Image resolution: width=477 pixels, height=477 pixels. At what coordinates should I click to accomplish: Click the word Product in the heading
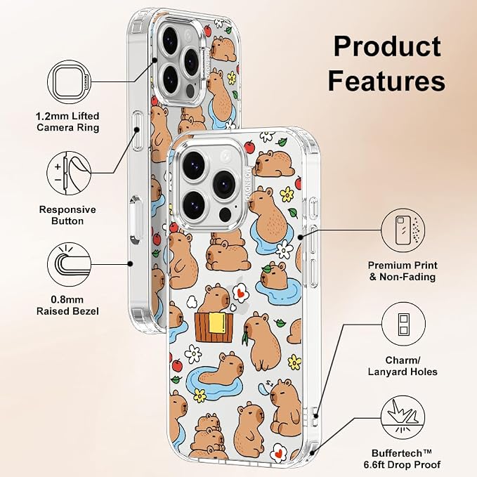point(387,46)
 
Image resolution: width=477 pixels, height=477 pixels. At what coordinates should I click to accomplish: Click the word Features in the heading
point(386,81)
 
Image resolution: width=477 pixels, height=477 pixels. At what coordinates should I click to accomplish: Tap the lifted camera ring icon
point(70,82)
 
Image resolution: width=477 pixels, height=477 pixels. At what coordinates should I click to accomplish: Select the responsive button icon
point(69,174)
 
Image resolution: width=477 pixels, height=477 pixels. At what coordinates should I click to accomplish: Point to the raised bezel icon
point(70,264)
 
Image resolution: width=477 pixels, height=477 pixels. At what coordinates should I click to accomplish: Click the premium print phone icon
point(403,230)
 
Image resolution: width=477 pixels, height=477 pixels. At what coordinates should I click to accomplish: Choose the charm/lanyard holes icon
point(403,324)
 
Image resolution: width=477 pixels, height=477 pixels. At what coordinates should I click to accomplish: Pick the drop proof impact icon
point(403,417)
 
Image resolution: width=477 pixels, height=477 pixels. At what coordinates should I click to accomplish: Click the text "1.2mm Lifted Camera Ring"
point(67,122)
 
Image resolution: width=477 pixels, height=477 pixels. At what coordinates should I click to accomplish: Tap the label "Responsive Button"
point(67,215)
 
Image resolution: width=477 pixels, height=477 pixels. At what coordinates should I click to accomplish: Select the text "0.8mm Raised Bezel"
point(67,306)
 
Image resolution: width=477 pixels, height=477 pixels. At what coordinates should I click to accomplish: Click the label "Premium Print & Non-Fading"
point(403,271)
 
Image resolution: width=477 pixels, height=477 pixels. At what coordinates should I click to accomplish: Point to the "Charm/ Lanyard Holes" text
point(403,366)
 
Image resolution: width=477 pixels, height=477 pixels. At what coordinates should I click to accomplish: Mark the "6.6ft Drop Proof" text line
point(402,465)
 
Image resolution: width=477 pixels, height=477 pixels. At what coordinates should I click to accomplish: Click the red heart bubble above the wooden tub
point(241,293)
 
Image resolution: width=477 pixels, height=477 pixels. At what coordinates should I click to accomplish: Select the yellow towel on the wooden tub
point(217,322)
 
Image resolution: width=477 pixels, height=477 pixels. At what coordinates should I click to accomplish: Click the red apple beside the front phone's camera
point(250,147)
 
